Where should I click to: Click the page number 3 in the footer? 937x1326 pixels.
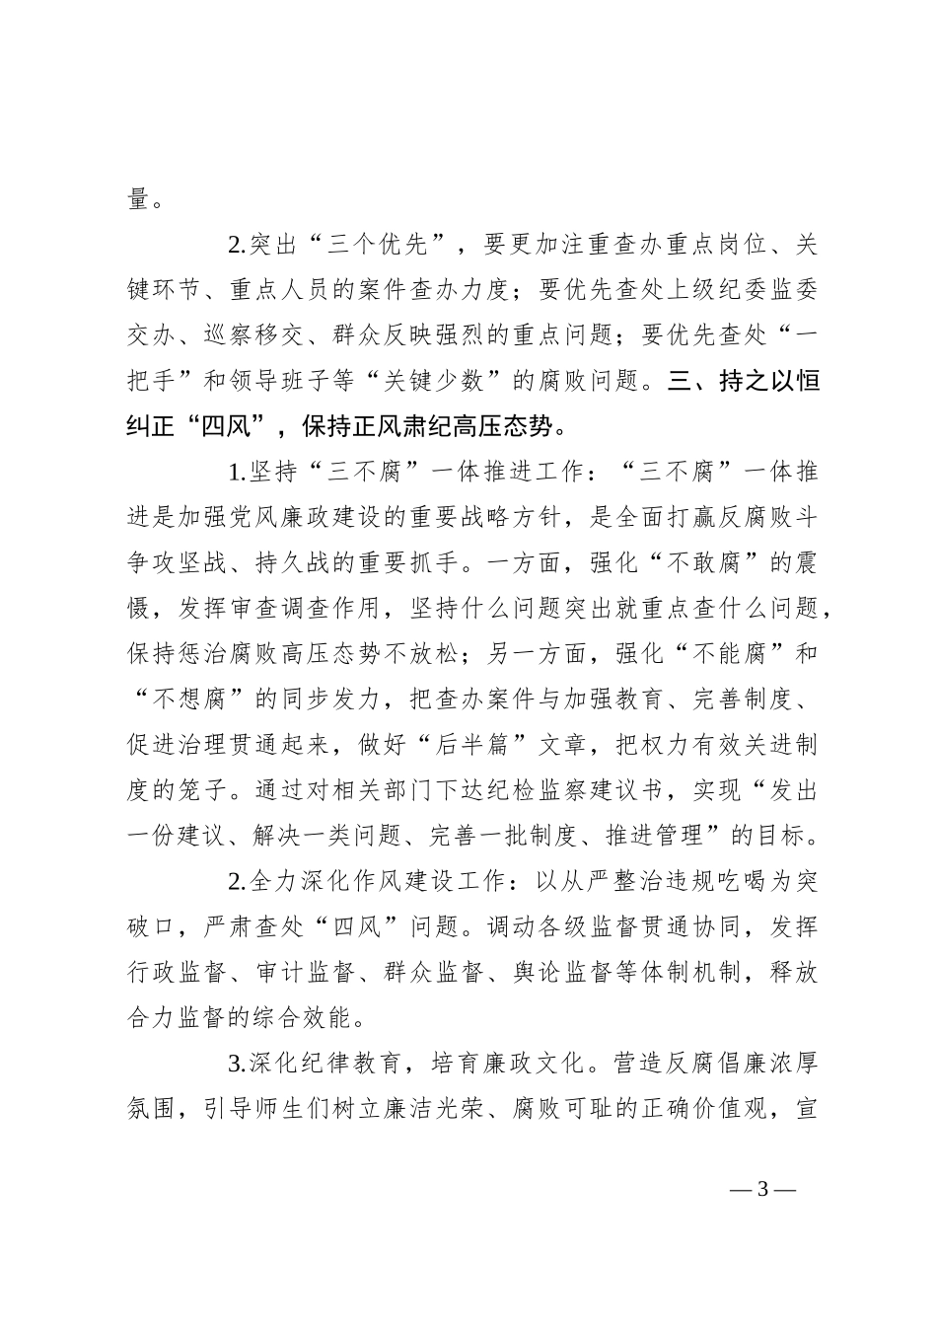(761, 1189)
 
